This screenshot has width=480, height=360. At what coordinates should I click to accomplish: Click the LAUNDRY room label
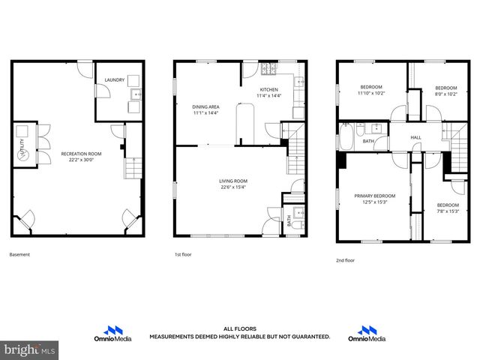(x=114, y=79)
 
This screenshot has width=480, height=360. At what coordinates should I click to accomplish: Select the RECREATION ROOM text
(x=81, y=153)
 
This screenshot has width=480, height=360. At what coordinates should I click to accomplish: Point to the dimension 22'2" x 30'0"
(x=81, y=159)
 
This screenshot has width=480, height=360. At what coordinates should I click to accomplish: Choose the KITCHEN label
(x=268, y=89)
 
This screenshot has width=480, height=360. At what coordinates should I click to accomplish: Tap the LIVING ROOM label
(x=232, y=181)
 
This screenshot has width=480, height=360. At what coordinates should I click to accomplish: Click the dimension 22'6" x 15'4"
(x=232, y=187)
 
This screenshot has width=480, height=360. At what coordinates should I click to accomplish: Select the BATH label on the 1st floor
(x=289, y=220)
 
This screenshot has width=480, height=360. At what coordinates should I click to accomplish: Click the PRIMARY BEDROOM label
(x=374, y=196)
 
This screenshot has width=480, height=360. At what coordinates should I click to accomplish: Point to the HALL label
(x=415, y=137)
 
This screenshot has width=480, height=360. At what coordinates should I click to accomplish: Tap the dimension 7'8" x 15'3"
(x=448, y=211)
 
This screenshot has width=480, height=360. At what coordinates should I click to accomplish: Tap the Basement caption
(x=19, y=255)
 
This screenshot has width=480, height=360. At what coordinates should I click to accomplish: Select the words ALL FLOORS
(x=239, y=328)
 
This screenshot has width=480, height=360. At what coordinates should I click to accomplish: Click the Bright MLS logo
(x=30, y=350)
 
